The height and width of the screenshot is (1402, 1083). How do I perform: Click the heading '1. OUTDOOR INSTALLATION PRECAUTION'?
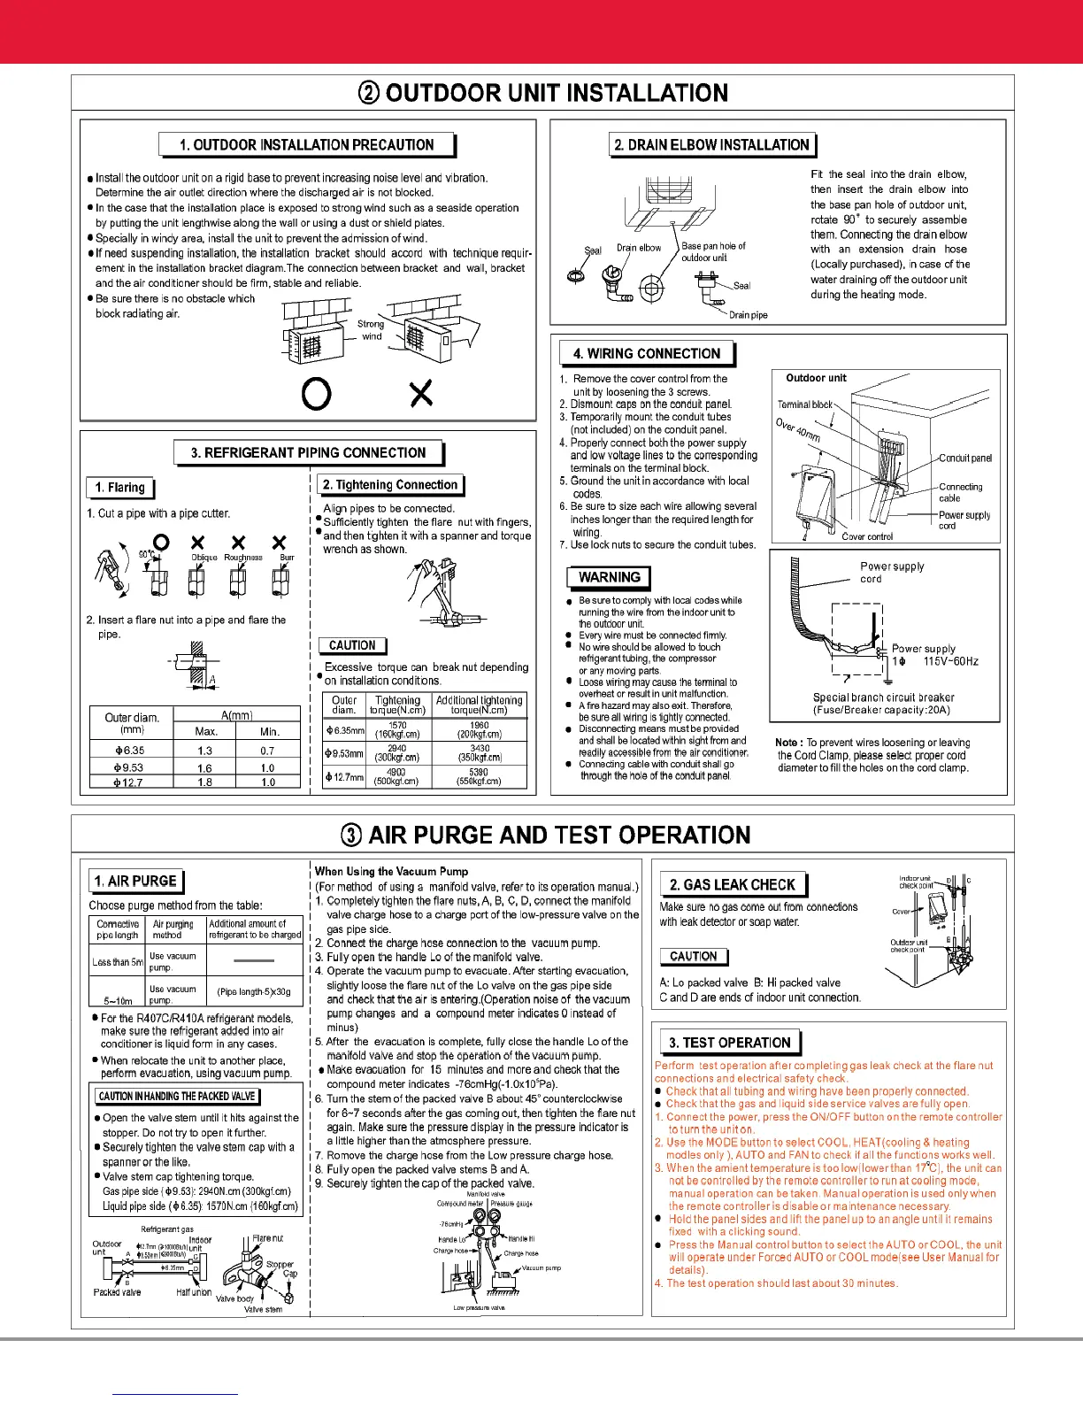click(305, 144)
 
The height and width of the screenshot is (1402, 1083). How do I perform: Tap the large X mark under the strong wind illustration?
click(421, 393)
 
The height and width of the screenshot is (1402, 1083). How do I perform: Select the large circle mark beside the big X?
click(317, 393)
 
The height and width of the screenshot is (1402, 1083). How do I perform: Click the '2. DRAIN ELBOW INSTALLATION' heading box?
click(711, 144)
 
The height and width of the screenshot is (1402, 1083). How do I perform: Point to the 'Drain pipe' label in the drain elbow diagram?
click(748, 315)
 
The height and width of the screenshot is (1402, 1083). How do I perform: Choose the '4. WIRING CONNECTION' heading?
click(646, 353)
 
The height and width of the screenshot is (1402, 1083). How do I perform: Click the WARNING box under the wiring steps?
click(609, 577)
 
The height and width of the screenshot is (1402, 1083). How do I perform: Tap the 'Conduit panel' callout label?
click(964, 458)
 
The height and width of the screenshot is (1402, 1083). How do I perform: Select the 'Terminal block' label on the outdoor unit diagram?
click(804, 404)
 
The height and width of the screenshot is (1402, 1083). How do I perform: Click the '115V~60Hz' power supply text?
click(950, 661)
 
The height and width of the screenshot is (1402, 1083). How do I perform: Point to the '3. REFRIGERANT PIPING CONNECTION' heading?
click(308, 452)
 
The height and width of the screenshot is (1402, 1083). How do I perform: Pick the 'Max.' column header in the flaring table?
click(206, 732)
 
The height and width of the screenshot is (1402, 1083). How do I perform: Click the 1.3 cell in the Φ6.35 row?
click(204, 751)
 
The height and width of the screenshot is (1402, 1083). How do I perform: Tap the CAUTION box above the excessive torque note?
click(352, 645)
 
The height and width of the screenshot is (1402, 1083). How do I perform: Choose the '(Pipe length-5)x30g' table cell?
click(254, 991)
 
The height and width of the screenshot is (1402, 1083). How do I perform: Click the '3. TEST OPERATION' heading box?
click(729, 1043)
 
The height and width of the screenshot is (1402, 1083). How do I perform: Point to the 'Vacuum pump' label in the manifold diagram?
click(541, 1268)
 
